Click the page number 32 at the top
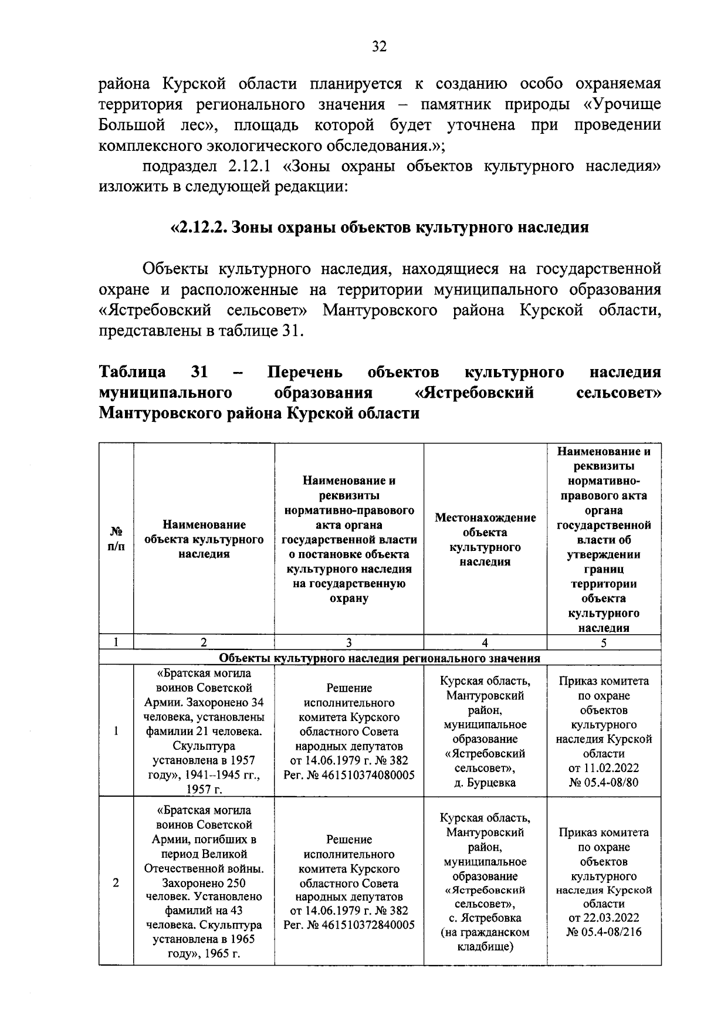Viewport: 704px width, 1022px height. coord(379,47)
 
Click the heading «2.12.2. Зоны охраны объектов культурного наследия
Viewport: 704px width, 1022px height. coord(379,228)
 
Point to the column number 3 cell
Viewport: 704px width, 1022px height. coord(349,642)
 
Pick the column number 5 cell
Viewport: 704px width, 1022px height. coord(604,642)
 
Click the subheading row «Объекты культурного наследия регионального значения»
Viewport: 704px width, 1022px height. coord(379,658)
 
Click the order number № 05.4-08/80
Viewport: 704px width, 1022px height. coord(604,781)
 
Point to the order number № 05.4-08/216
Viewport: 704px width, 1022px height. coord(604,932)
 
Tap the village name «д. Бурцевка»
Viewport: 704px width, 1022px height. coord(485,783)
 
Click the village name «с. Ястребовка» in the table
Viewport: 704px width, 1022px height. coord(485,918)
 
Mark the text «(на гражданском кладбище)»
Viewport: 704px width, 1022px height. coord(485,939)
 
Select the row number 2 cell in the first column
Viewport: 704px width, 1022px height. coord(116,883)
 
